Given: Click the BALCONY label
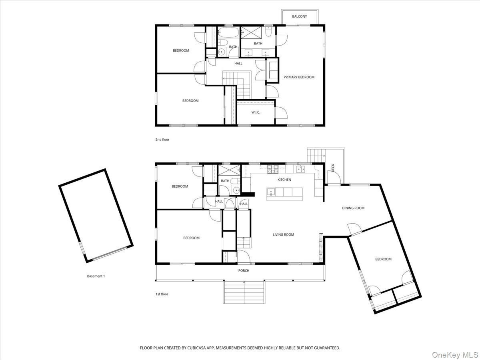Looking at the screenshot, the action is point(299,16).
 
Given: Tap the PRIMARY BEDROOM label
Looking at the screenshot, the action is point(299,77).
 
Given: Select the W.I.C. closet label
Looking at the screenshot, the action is point(256,112).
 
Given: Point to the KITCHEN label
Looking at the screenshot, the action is point(284,180).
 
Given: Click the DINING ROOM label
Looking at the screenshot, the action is point(353,208).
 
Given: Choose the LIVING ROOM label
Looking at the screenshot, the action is point(284,234).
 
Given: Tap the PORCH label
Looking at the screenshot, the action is point(244,271).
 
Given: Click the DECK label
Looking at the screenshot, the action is point(333,168).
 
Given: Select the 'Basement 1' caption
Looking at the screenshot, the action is point(96,276).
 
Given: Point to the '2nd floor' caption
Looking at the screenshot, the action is point(162,140).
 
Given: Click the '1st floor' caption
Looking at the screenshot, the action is point(162,294).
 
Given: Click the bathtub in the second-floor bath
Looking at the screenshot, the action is point(228,33).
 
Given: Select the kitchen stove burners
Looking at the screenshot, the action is point(273,169).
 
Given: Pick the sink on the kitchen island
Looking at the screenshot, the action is point(271,192).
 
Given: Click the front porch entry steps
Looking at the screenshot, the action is point(244,292).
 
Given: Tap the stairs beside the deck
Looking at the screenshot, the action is point(316,156).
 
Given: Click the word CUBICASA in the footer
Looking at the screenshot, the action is point(196,348).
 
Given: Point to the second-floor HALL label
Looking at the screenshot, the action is point(238,63).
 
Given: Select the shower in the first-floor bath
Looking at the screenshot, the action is point(229,171).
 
